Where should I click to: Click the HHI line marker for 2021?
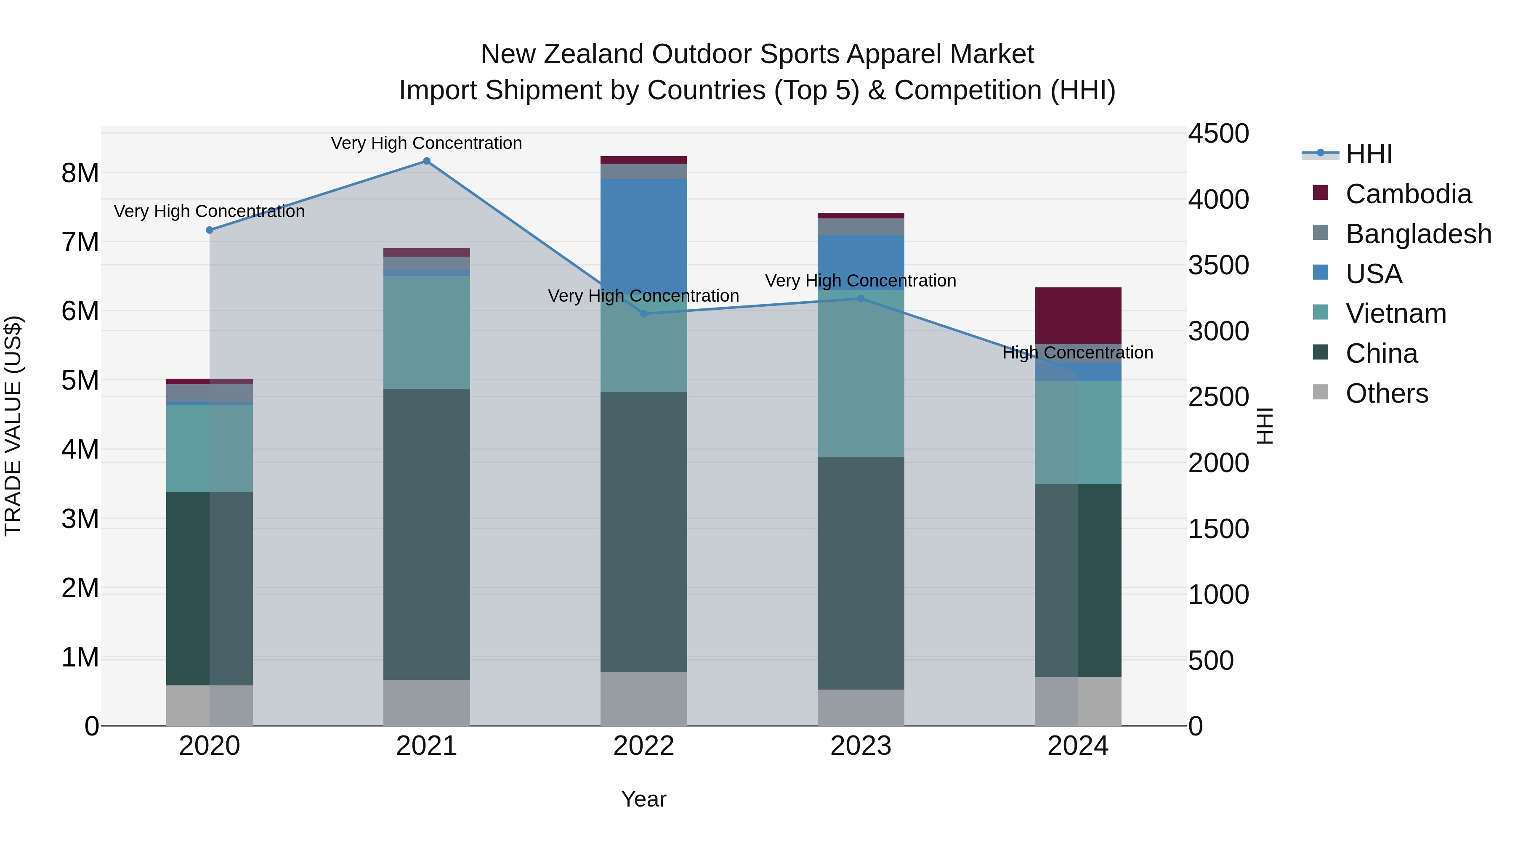[x=426, y=161]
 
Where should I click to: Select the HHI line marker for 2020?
[x=210, y=230]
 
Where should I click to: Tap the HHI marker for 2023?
[x=861, y=299]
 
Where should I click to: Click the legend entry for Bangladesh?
[x=1417, y=234]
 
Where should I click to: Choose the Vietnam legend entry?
[x=1395, y=313]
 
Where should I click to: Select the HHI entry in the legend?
[x=1368, y=154]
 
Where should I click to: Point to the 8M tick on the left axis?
[x=80, y=173]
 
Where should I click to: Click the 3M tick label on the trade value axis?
[x=80, y=519]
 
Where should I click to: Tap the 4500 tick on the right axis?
[x=1218, y=133]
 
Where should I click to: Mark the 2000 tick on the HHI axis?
[x=1218, y=463]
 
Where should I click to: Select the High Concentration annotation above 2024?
[x=1077, y=353]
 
